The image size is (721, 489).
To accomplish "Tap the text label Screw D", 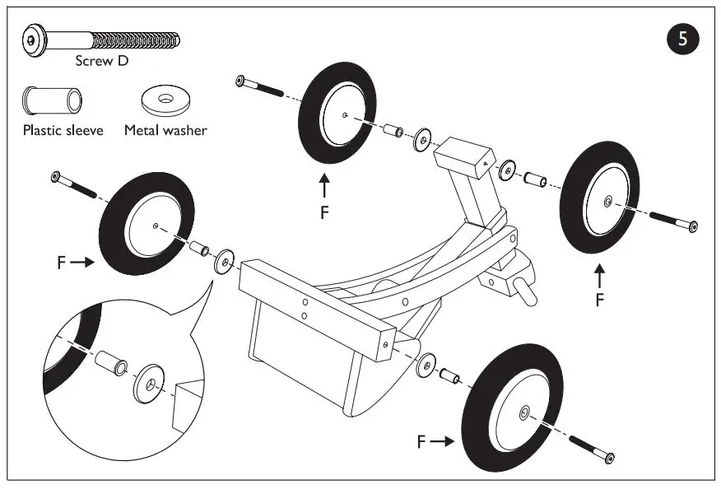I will click(x=101, y=61).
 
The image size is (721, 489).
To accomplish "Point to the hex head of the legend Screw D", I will click(x=31, y=39).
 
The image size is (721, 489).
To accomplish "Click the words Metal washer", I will click(x=165, y=130).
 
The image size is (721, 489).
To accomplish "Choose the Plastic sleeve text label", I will click(x=63, y=130).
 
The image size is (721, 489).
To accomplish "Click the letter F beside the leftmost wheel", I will click(x=61, y=263).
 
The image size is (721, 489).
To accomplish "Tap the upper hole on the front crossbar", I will click(x=305, y=300).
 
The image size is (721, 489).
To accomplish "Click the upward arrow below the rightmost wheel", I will click(x=599, y=274).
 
